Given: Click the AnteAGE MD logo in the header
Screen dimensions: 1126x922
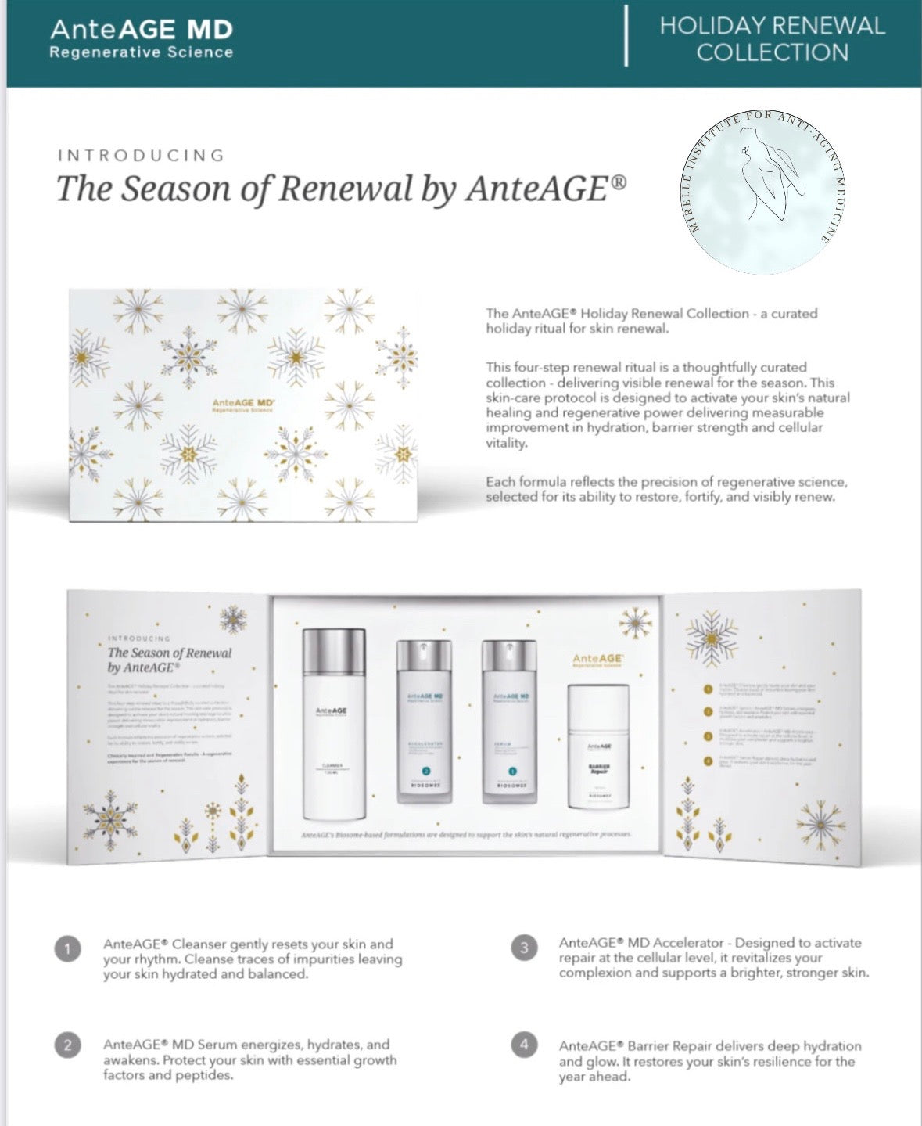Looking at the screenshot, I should point(142,38).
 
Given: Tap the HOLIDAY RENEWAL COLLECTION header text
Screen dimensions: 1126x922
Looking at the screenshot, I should point(772,39).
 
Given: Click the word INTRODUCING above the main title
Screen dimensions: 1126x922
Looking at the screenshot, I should point(142,155).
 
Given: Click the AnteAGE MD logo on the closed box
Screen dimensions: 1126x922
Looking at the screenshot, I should point(243,405).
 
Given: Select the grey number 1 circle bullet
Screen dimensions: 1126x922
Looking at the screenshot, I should point(68,949).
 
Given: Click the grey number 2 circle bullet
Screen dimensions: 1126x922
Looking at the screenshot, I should point(68,1045).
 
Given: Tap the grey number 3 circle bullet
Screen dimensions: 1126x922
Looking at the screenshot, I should point(524,948).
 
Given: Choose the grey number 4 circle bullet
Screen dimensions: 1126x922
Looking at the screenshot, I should point(524,1044).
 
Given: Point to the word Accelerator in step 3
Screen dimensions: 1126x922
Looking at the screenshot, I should point(687,943).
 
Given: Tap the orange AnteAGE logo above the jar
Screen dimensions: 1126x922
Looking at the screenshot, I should point(597,660).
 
